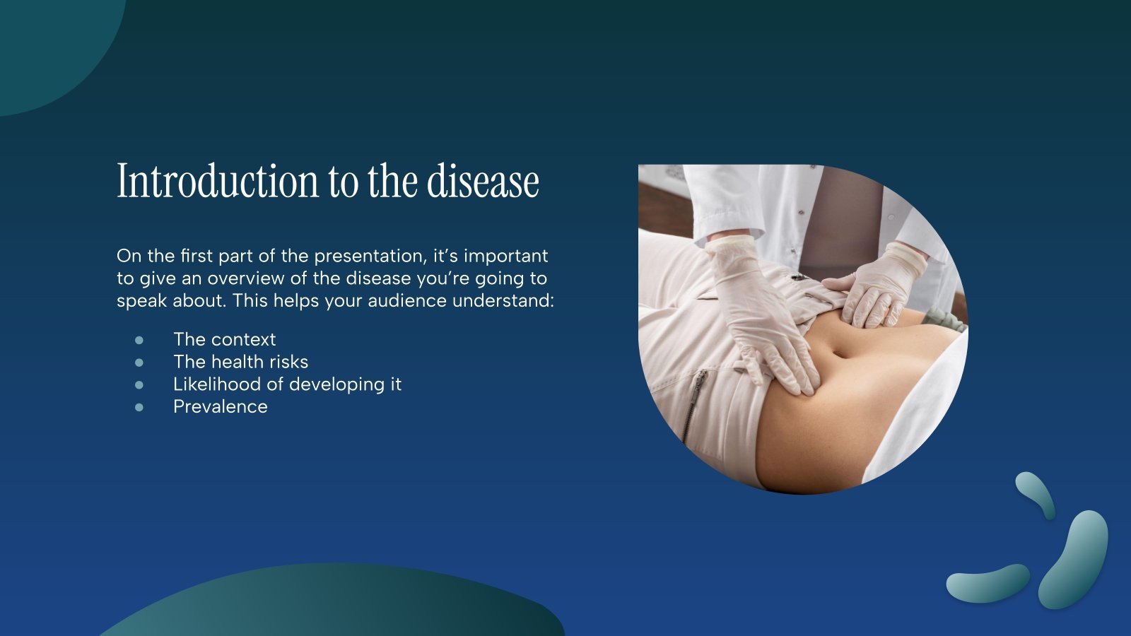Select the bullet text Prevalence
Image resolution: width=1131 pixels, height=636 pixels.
220,406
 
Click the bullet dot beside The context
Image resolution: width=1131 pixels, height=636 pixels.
139,340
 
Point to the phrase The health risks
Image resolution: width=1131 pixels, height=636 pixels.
240,362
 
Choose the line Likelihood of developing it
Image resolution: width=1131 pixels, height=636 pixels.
287,384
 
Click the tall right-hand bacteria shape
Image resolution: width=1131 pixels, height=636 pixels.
1074,558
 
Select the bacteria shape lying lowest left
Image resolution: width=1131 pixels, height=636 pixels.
987,584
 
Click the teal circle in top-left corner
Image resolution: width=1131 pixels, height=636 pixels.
49,42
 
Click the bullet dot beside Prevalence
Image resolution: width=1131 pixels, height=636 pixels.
139,407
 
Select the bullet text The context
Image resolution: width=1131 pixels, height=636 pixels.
224,339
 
